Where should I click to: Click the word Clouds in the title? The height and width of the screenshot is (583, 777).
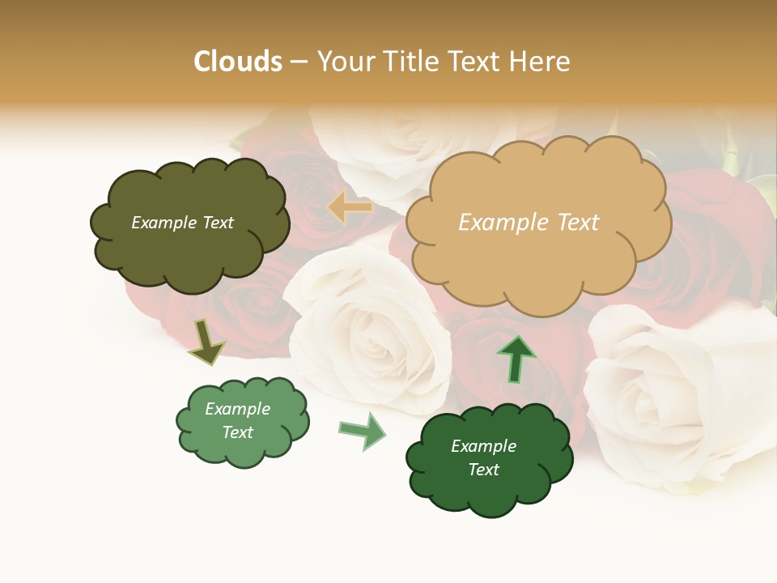(238, 62)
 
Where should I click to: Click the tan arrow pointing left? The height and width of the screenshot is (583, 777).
(350, 208)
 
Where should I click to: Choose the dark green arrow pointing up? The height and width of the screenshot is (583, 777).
(516, 359)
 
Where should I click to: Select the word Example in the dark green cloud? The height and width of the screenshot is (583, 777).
(483, 446)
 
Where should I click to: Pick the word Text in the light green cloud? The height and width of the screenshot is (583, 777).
(238, 432)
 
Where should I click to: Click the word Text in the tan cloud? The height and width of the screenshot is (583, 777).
(578, 223)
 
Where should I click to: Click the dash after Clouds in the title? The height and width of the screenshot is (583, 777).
(299, 62)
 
